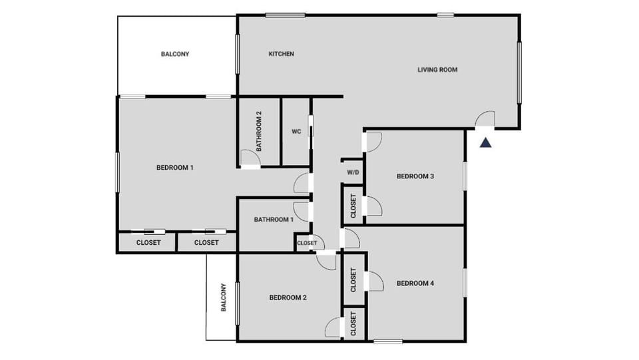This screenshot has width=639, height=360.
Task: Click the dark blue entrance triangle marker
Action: click(486, 142)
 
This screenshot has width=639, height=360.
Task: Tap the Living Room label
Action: click(437, 70)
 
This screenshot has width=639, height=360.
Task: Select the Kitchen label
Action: click(281, 54)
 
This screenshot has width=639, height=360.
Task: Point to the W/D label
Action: click(353, 173)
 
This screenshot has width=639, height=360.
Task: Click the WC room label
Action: click(296, 132)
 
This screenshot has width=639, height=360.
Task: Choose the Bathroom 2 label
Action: click(259, 130)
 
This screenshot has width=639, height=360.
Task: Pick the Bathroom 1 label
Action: click(273, 220)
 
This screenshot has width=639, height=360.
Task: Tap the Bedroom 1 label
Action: click(174, 167)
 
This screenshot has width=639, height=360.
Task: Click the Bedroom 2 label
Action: click(288, 297)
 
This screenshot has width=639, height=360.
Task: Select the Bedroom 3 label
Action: click(415, 176)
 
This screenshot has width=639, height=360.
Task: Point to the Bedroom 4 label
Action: click(415, 283)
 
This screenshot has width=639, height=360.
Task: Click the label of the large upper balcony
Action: click(175, 54)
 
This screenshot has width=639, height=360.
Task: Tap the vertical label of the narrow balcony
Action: click(224, 297)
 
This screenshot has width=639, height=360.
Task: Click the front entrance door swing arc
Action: click(485, 119)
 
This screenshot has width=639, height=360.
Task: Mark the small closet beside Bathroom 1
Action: click(307, 243)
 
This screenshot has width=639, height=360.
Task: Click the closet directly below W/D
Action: click(353, 206)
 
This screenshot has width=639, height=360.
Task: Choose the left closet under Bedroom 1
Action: click(148, 242)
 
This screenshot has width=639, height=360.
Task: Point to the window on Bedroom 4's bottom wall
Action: click(387, 341)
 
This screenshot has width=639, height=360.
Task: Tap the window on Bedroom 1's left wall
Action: click(118, 173)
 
